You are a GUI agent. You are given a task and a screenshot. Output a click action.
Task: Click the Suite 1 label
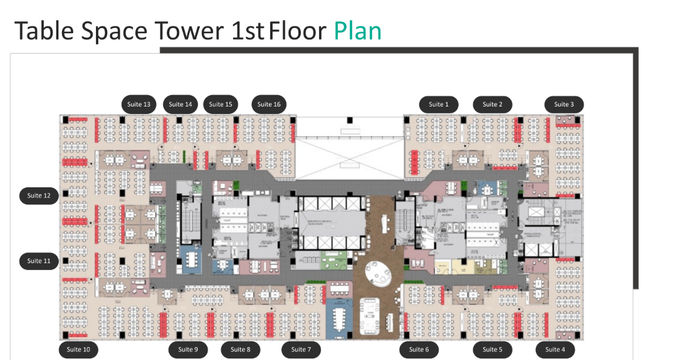438,104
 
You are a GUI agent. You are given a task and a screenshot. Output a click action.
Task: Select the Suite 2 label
493,104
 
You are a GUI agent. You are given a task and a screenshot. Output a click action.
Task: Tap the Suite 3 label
564,104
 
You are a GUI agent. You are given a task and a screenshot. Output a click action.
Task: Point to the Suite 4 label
555,349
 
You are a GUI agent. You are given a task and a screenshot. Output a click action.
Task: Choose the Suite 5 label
493,349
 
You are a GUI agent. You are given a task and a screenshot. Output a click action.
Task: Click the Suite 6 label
420,349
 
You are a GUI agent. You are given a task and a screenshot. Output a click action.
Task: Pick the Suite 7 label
300,349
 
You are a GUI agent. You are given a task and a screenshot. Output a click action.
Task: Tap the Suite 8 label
241,349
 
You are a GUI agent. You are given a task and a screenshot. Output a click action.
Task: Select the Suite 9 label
187,349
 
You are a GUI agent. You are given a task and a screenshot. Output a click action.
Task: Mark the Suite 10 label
78,349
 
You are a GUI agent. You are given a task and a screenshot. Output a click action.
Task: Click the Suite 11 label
40,260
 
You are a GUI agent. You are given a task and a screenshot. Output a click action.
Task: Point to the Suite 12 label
40,195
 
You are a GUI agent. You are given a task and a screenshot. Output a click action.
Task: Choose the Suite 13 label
139,104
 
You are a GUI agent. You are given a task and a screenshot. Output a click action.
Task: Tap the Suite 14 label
180,104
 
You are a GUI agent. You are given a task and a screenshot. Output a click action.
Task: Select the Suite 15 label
220,104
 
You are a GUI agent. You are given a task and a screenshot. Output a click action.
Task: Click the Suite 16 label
269,104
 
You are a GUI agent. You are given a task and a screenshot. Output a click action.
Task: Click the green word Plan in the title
357,31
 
